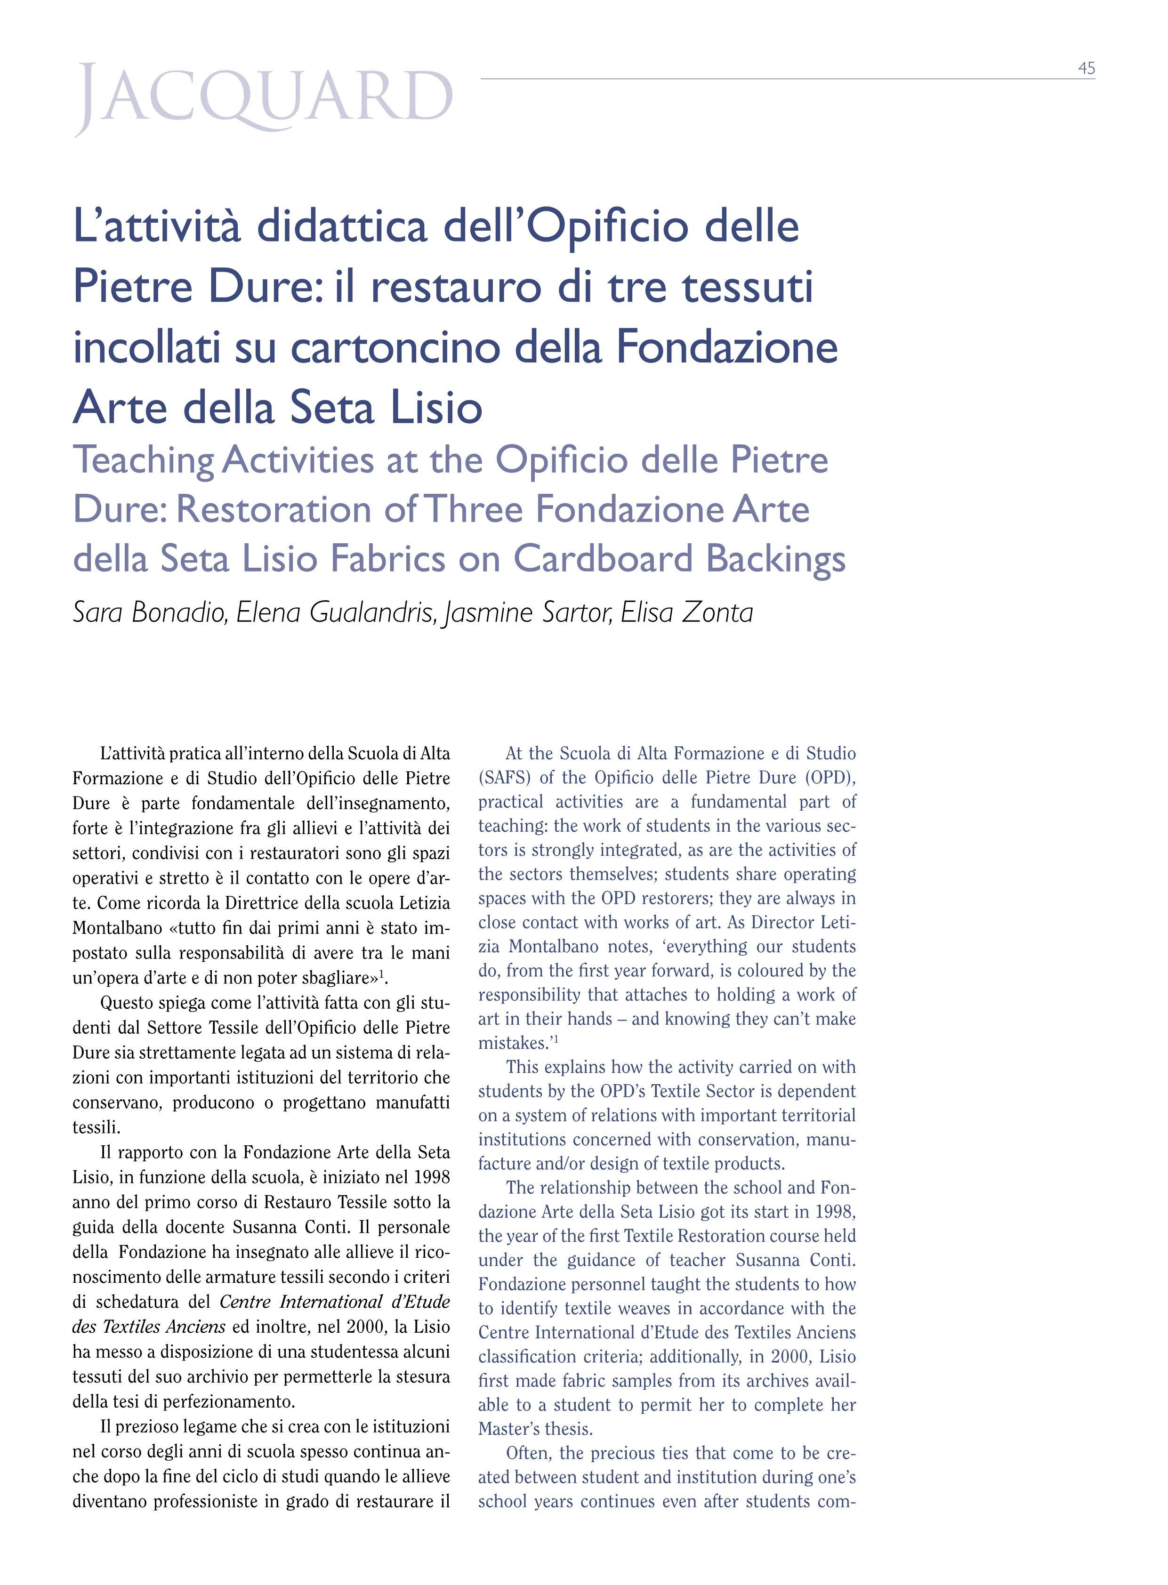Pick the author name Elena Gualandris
click(x=335, y=612)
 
